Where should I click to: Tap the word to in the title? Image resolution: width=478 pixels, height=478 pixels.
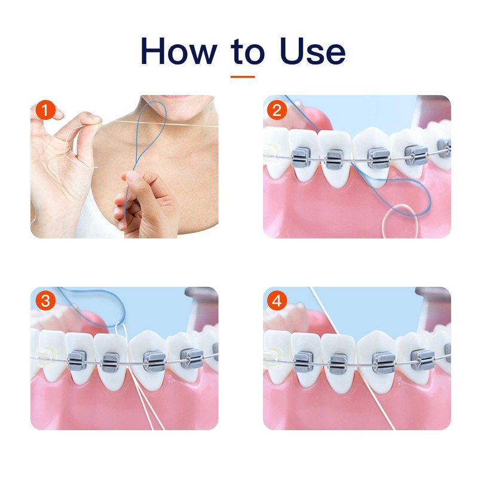247,53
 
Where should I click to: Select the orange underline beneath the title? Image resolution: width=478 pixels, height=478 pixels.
243,76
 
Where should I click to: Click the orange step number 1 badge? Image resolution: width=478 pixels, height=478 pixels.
45,111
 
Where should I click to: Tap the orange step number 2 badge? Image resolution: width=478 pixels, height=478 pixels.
276,111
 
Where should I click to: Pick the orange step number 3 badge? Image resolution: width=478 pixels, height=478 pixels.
45,301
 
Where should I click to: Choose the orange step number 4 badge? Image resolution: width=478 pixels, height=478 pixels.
276,301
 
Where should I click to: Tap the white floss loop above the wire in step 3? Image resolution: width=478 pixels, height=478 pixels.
122,335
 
